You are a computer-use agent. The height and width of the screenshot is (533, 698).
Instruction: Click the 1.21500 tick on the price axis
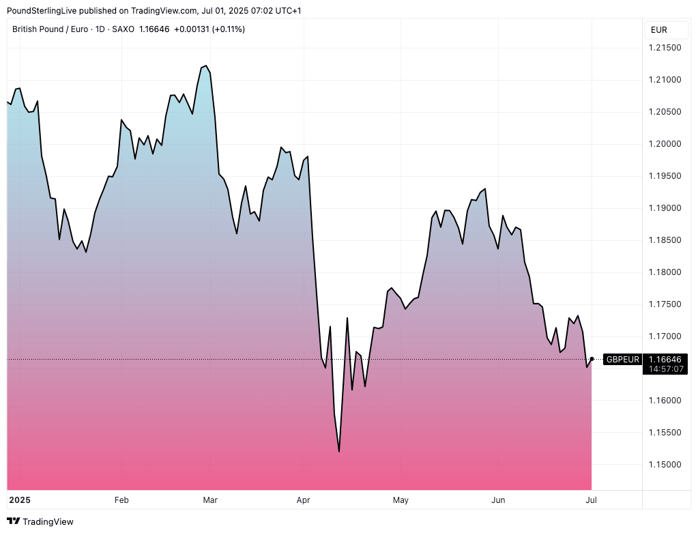pyautogui.click(x=665, y=47)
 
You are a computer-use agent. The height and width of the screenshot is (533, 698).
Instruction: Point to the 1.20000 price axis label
pyautogui.click(x=665, y=144)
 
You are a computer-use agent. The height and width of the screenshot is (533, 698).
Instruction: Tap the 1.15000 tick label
pyautogui.click(x=665, y=465)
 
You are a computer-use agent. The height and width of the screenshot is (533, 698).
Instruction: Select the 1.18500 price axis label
pyautogui.click(x=665, y=240)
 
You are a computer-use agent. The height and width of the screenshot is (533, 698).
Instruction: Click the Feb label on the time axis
pyautogui.click(x=121, y=500)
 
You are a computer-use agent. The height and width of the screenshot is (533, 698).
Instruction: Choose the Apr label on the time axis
pyautogui.click(x=303, y=500)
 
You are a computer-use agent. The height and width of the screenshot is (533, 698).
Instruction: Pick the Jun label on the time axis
pyautogui.click(x=499, y=500)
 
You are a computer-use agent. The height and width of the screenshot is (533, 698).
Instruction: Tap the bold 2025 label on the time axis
pyautogui.click(x=20, y=500)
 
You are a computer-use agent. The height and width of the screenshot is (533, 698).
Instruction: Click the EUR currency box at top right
pyautogui.click(x=659, y=30)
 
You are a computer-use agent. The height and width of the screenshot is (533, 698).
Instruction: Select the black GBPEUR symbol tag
pyautogui.click(x=623, y=360)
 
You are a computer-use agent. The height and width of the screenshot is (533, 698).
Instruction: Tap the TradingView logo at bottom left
pyautogui.click(x=40, y=521)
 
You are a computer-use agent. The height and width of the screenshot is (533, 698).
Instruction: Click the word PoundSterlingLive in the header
pyautogui.click(x=41, y=10)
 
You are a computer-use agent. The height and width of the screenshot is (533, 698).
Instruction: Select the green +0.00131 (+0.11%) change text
pyautogui.click(x=209, y=29)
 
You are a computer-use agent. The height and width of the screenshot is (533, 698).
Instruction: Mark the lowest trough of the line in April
pyautogui.click(x=339, y=451)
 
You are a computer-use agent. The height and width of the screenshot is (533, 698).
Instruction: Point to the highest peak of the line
pyautogui.click(x=206, y=66)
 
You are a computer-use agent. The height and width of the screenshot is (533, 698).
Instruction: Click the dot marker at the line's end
pyautogui.click(x=592, y=359)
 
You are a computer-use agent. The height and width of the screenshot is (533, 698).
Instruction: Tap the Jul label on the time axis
pyautogui.click(x=592, y=500)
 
